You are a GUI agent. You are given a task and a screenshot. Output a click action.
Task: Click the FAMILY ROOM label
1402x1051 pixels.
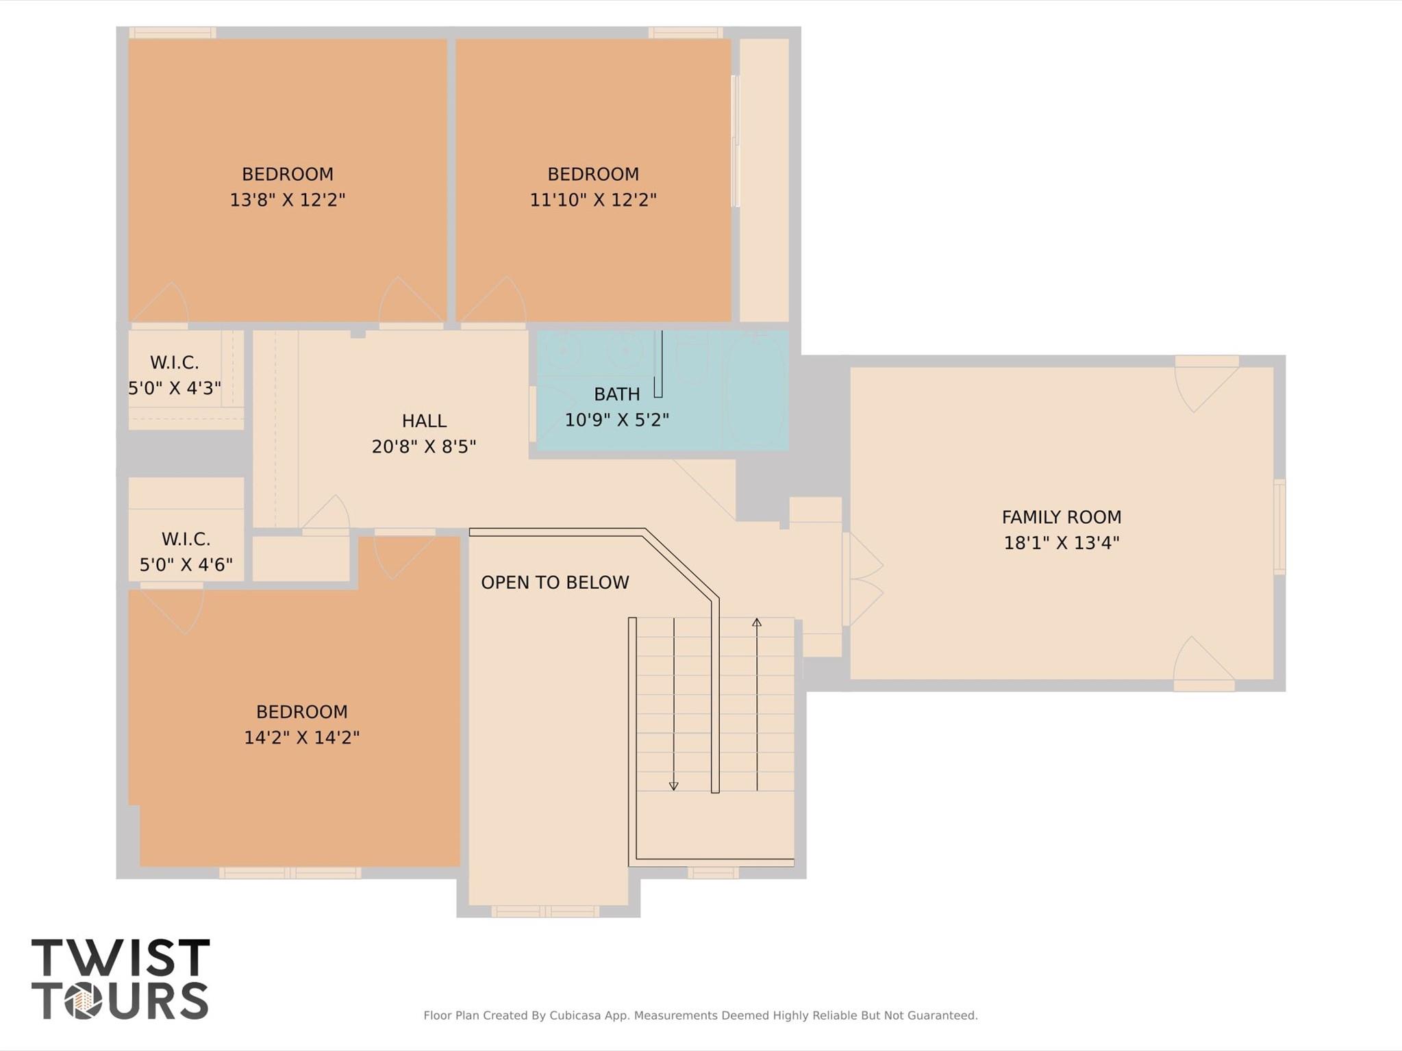coord(1062,517)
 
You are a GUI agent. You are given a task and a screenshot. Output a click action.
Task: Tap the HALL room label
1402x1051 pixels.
coord(424,421)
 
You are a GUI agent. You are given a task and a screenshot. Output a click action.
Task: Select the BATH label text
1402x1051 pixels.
coord(617,394)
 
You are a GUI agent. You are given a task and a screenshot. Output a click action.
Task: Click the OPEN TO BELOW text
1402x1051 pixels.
coord(555,583)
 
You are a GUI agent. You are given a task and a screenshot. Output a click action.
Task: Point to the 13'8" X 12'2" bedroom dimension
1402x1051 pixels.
coord(288,200)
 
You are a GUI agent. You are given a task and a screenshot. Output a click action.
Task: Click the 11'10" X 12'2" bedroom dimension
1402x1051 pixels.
coord(593,200)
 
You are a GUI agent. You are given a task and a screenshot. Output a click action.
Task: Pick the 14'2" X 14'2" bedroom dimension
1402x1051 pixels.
coord(302,737)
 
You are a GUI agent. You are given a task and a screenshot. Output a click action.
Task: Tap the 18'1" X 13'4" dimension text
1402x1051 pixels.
coord(1062,543)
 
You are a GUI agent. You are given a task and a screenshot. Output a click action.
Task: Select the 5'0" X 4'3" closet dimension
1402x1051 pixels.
coord(175,388)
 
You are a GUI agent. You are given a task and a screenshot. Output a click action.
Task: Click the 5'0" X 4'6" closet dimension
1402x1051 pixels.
coord(186,565)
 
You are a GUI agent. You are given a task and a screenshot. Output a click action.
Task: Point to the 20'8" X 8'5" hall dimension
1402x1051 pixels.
coord(424,447)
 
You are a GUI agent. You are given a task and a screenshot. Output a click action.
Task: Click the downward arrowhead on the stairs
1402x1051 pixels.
coord(674,787)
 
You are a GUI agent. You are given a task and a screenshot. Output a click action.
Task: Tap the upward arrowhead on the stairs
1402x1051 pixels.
coord(757,622)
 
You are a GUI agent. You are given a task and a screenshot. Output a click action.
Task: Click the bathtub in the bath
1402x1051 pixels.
coord(755,390)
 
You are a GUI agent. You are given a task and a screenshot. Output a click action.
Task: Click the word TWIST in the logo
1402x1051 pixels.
coord(121,957)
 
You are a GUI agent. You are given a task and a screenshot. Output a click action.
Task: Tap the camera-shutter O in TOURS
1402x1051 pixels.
coord(84,1001)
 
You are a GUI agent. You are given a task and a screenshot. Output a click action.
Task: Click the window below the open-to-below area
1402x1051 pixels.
coord(545,911)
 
